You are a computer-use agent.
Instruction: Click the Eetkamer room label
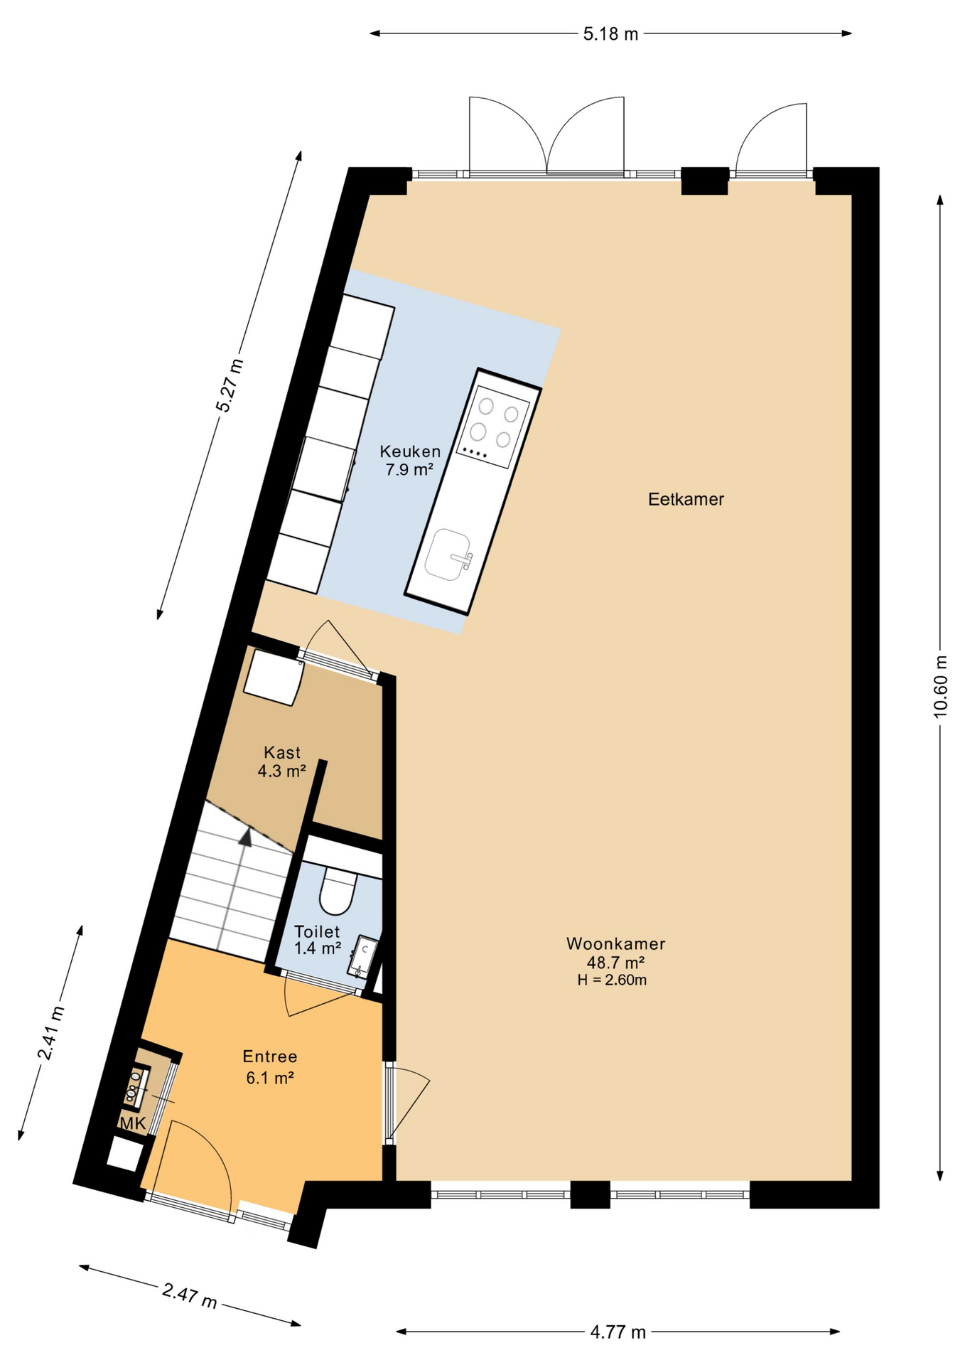pyautogui.click(x=685, y=499)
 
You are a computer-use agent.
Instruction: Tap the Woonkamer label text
pyautogui.click(x=615, y=943)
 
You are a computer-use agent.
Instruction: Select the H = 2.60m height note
pyautogui.click(x=612, y=980)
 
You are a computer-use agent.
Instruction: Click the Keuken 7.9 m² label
pyautogui.click(x=409, y=460)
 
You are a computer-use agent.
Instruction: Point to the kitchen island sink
pyautogui.click(x=448, y=555)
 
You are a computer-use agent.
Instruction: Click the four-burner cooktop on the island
pyautogui.click(x=494, y=426)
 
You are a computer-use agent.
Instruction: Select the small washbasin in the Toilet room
pyautogui.click(x=363, y=956)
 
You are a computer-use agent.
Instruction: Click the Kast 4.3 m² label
pyautogui.click(x=281, y=761)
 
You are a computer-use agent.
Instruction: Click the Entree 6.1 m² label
pyautogui.click(x=269, y=1066)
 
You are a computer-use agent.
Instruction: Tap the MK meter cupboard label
pyautogui.click(x=133, y=1123)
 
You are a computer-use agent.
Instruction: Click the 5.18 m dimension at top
pyautogui.click(x=610, y=33)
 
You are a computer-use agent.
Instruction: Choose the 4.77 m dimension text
pyautogui.click(x=618, y=1332)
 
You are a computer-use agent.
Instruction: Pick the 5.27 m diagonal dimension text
pyautogui.click(x=230, y=385)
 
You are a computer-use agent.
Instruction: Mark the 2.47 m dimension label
pyautogui.click(x=189, y=1295)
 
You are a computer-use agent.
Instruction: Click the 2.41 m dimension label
pyautogui.click(x=51, y=1032)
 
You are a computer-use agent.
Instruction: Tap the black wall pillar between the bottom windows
pyautogui.click(x=590, y=1194)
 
